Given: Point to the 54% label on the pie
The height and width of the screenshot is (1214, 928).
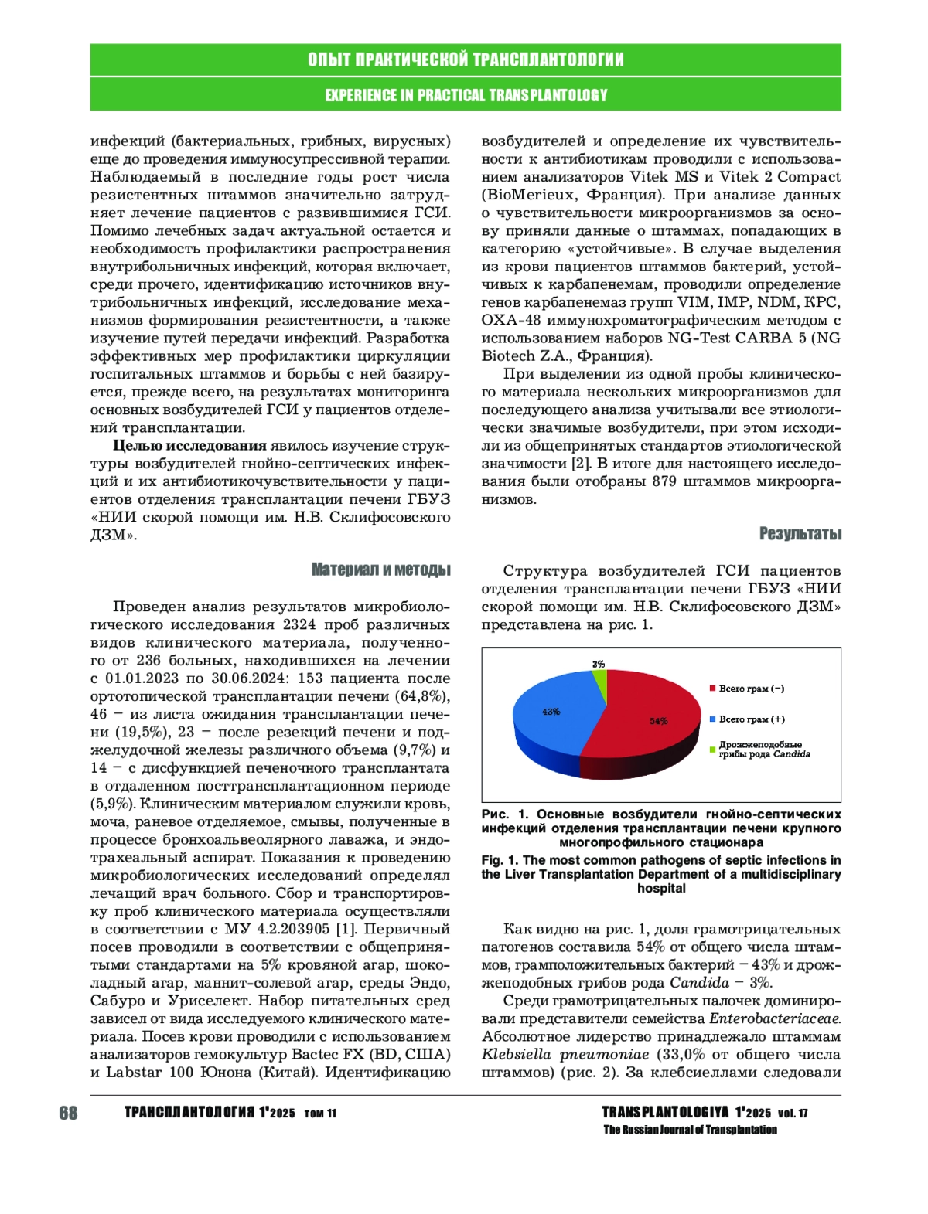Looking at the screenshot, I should (659, 721).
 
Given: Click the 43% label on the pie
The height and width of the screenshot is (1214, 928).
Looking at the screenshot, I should (551, 712).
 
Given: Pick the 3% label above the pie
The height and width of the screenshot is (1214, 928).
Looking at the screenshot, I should (599, 665).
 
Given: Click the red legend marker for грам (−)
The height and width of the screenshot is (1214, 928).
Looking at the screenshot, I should (712, 689).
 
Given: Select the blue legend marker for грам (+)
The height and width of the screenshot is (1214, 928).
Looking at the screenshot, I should (712, 719).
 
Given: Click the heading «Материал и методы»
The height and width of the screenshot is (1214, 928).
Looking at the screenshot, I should (380, 570).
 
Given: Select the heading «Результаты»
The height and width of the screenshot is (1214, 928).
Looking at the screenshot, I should (800, 534).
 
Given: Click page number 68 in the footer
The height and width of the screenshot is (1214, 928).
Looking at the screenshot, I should (68, 1114).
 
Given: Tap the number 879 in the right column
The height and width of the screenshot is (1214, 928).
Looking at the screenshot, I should (664, 481).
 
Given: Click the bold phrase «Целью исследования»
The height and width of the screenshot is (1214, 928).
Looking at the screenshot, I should (189, 446).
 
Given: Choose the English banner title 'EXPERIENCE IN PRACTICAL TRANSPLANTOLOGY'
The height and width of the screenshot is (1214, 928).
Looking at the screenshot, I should (466, 95).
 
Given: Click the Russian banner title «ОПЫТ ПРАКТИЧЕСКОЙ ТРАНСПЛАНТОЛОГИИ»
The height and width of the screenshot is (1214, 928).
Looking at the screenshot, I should (466, 60).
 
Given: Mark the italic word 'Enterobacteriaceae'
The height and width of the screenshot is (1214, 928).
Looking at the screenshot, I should (775, 1019).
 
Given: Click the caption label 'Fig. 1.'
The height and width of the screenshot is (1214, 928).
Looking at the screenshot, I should (500, 860).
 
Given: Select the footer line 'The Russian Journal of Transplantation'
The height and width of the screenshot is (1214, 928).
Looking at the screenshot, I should (690, 1131).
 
